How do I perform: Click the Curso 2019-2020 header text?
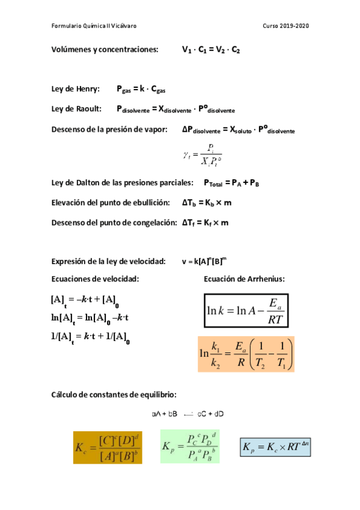point(286,26)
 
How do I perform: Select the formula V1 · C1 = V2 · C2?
point(211,50)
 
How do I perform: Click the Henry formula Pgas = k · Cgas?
point(141,90)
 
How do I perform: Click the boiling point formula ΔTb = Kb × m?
point(207,203)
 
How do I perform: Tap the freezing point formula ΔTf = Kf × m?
point(205,223)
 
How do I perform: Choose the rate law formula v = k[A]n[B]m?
point(204,262)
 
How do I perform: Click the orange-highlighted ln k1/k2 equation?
point(246,354)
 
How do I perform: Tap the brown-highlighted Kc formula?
point(108,447)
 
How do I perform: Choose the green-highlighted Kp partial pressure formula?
point(189,447)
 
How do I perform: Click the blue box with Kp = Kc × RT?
point(275,447)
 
